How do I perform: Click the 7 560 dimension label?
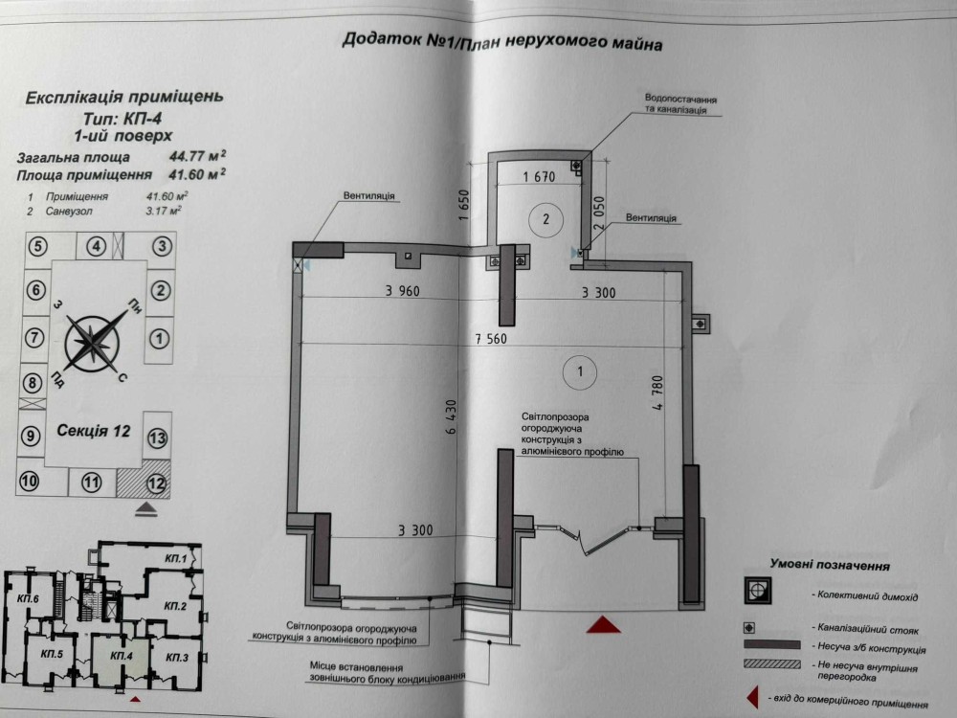click(x=491, y=338)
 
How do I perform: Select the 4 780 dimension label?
click(x=657, y=392)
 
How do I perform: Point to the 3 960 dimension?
click(x=402, y=291)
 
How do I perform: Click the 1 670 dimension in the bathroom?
click(x=539, y=177)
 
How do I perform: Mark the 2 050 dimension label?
click(x=599, y=213)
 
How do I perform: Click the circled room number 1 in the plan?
click(x=579, y=371)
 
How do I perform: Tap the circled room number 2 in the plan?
click(x=545, y=219)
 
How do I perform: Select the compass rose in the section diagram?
click(x=93, y=344)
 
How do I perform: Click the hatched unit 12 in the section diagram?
click(x=145, y=482)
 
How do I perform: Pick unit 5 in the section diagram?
click(x=38, y=247)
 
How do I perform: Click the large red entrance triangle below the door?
click(x=603, y=624)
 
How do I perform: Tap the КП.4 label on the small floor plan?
click(x=122, y=656)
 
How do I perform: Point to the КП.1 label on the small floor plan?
click(x=175, y=558)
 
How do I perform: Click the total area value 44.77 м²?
click(x=197, y=156)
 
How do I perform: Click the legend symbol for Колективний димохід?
click(x=757, y=591)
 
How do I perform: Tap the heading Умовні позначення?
click(x=830, y=565)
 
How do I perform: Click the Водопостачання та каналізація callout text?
click(x=680, y=104)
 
